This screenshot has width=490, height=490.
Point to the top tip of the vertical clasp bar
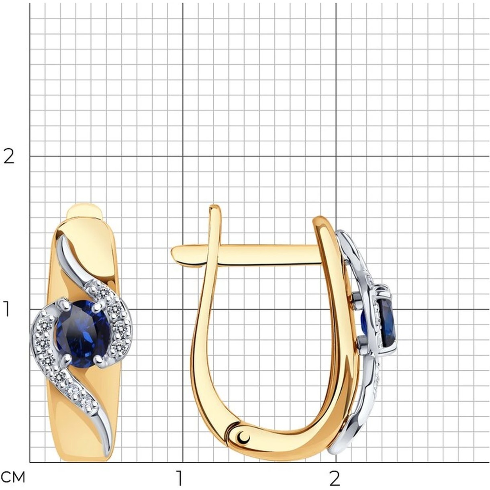click(214, 206)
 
